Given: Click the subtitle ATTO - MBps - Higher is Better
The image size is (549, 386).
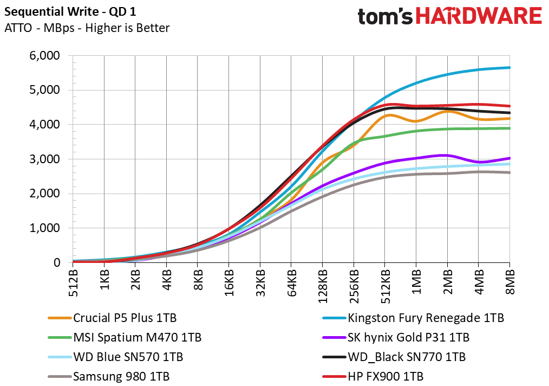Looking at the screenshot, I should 87,28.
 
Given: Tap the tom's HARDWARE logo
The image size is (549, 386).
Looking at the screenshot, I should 449,16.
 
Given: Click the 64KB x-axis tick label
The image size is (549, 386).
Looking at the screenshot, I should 292,282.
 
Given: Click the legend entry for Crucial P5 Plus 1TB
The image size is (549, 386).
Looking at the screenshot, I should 125,318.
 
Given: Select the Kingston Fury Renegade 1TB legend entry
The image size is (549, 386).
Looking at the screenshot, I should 426,318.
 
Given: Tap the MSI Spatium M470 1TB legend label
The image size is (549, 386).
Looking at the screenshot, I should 137,337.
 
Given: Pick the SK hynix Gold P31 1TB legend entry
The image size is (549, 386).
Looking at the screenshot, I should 409,337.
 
